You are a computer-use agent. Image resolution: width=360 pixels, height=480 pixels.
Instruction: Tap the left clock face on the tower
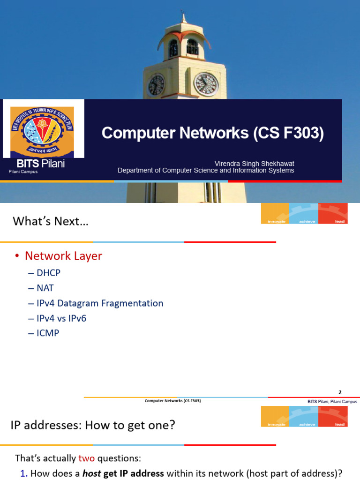156,85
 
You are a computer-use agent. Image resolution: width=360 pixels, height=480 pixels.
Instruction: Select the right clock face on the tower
206,84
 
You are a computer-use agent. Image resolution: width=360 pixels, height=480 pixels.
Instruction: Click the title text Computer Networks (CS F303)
212,134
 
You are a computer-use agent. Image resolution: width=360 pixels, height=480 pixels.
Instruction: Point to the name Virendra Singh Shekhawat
254,164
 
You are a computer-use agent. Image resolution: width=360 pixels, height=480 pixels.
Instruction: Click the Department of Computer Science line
206,171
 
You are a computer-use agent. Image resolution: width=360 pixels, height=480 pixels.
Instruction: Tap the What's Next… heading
50,221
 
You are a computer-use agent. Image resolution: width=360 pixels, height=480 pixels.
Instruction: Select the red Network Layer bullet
63,256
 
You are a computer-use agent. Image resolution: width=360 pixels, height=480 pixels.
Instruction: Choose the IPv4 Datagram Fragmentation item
100,303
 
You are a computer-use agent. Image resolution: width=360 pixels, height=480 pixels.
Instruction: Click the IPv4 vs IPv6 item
61,318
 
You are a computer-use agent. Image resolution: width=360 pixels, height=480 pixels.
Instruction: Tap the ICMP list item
47,333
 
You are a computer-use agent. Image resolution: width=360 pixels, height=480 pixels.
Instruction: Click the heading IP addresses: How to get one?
93,426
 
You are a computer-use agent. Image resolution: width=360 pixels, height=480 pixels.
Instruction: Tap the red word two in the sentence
87,458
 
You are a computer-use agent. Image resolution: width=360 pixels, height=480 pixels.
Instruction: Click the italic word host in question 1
92,473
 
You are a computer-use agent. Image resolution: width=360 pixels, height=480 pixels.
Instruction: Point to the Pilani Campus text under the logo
23,172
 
